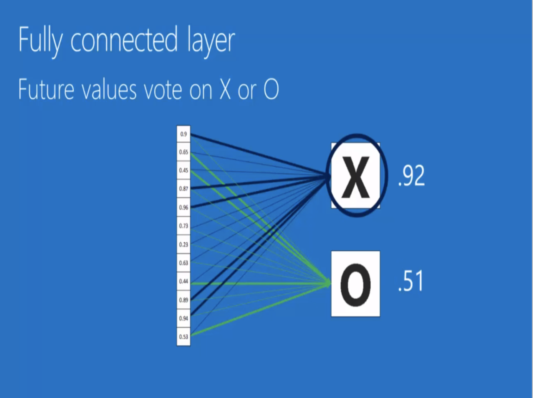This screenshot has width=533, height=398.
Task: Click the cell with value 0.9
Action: point(183,134)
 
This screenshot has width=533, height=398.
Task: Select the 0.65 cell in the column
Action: point(183,152)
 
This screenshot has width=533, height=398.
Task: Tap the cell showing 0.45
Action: point(183,170)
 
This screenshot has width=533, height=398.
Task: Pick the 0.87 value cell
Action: point(183,189)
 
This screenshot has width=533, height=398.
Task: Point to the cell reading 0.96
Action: point(183,208)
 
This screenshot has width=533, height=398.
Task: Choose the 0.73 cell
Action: point(183,226)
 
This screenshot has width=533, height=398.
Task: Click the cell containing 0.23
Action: point(183,244)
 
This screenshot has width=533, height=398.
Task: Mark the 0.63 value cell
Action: point(183,263)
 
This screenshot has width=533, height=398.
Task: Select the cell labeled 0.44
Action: point(183,281)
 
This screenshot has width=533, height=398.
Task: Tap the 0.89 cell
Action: point(183,300)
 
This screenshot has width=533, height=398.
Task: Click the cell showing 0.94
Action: point(183,318)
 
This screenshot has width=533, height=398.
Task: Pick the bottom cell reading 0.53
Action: point(183,337)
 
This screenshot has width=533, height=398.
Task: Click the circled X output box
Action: point(356,176)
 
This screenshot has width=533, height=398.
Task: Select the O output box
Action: point(355,284)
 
